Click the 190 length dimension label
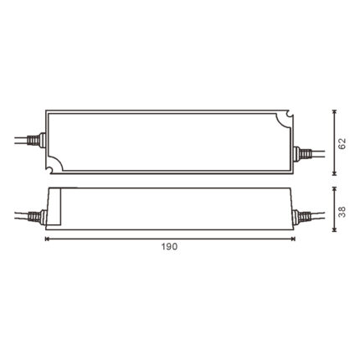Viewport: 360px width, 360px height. [x=169, y=246]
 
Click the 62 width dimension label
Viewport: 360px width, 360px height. [x=342, y=143]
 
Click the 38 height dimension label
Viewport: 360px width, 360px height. [x=342, y=212]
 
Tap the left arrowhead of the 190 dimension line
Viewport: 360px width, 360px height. [x=47, y=239]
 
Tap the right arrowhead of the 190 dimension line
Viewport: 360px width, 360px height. [x=293, y=239]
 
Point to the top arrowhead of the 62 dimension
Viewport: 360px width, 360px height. [x=335, y=111]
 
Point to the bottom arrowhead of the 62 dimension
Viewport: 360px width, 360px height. [x=335, y=173]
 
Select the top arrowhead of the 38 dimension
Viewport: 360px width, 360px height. [x=335, y=189]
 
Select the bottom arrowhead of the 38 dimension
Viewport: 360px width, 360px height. [x=335, y=230]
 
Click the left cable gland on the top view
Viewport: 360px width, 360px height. [x=37, y=140]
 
